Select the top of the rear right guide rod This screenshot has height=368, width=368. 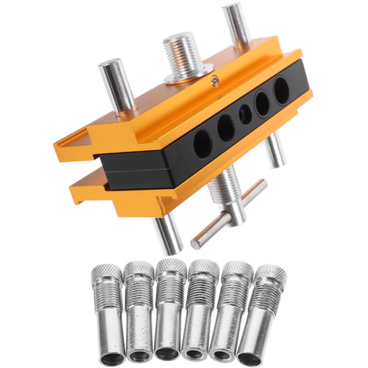point(235,10)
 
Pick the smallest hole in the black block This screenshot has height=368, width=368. point(244,113)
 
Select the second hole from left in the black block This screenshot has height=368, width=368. point(224,127)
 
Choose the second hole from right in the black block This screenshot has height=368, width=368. point(262,102)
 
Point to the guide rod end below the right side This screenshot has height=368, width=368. point(275,151)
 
